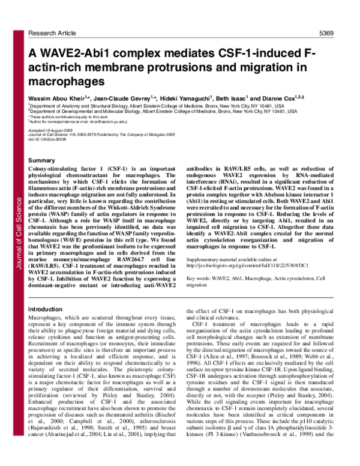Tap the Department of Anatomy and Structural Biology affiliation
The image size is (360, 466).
[x=150, y=104]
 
